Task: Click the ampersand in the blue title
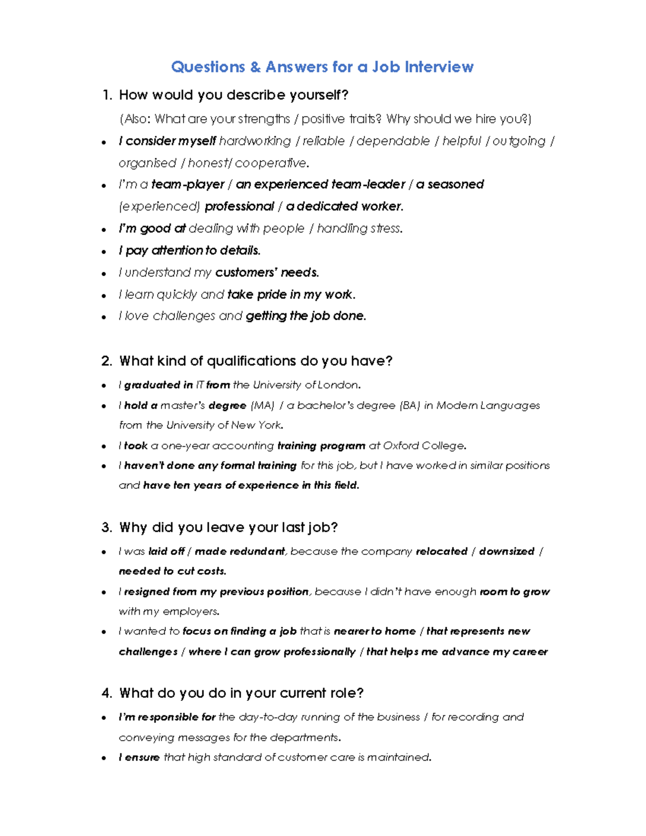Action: click(x=255, y=67)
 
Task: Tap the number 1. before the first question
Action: click(x=107, y=95)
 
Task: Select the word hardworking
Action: click(x=255, y=141)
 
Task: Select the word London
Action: click(x=338, y=385)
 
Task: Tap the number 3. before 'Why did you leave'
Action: click(x=107, y=528)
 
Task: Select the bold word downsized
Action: click(x=507, y=551)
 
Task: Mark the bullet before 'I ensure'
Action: click(x=104, y=758)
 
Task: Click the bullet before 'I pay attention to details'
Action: click(x=104, y=251)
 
